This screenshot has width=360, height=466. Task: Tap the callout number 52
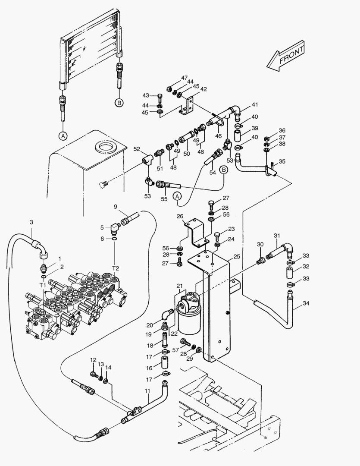tap(137, 149)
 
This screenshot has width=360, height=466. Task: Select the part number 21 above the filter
tap(179, 286)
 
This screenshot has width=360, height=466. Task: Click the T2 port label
tap(116, 268)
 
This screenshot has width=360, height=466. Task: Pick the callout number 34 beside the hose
tap(306, 303)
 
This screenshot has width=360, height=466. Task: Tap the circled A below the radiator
tap(63, 136)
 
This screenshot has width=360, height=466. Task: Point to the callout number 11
tap(147, 391)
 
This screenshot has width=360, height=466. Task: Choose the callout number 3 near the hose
tap(31, 222)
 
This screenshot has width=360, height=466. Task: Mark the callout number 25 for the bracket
tap(237, 257)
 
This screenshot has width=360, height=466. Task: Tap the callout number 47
tap(184, 78)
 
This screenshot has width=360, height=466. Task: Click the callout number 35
tap(282, 161)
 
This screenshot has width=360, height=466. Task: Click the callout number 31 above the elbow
tap(277, 236)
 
